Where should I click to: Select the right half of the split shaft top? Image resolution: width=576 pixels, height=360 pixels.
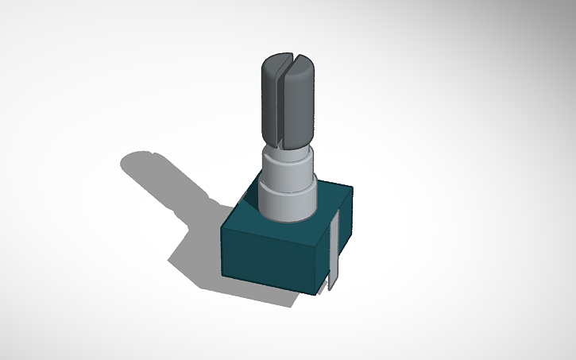coord(301,99)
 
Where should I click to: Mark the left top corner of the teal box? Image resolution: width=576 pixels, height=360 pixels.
coord(222,228)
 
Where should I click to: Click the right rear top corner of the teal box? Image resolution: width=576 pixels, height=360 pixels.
coord(351,189)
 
